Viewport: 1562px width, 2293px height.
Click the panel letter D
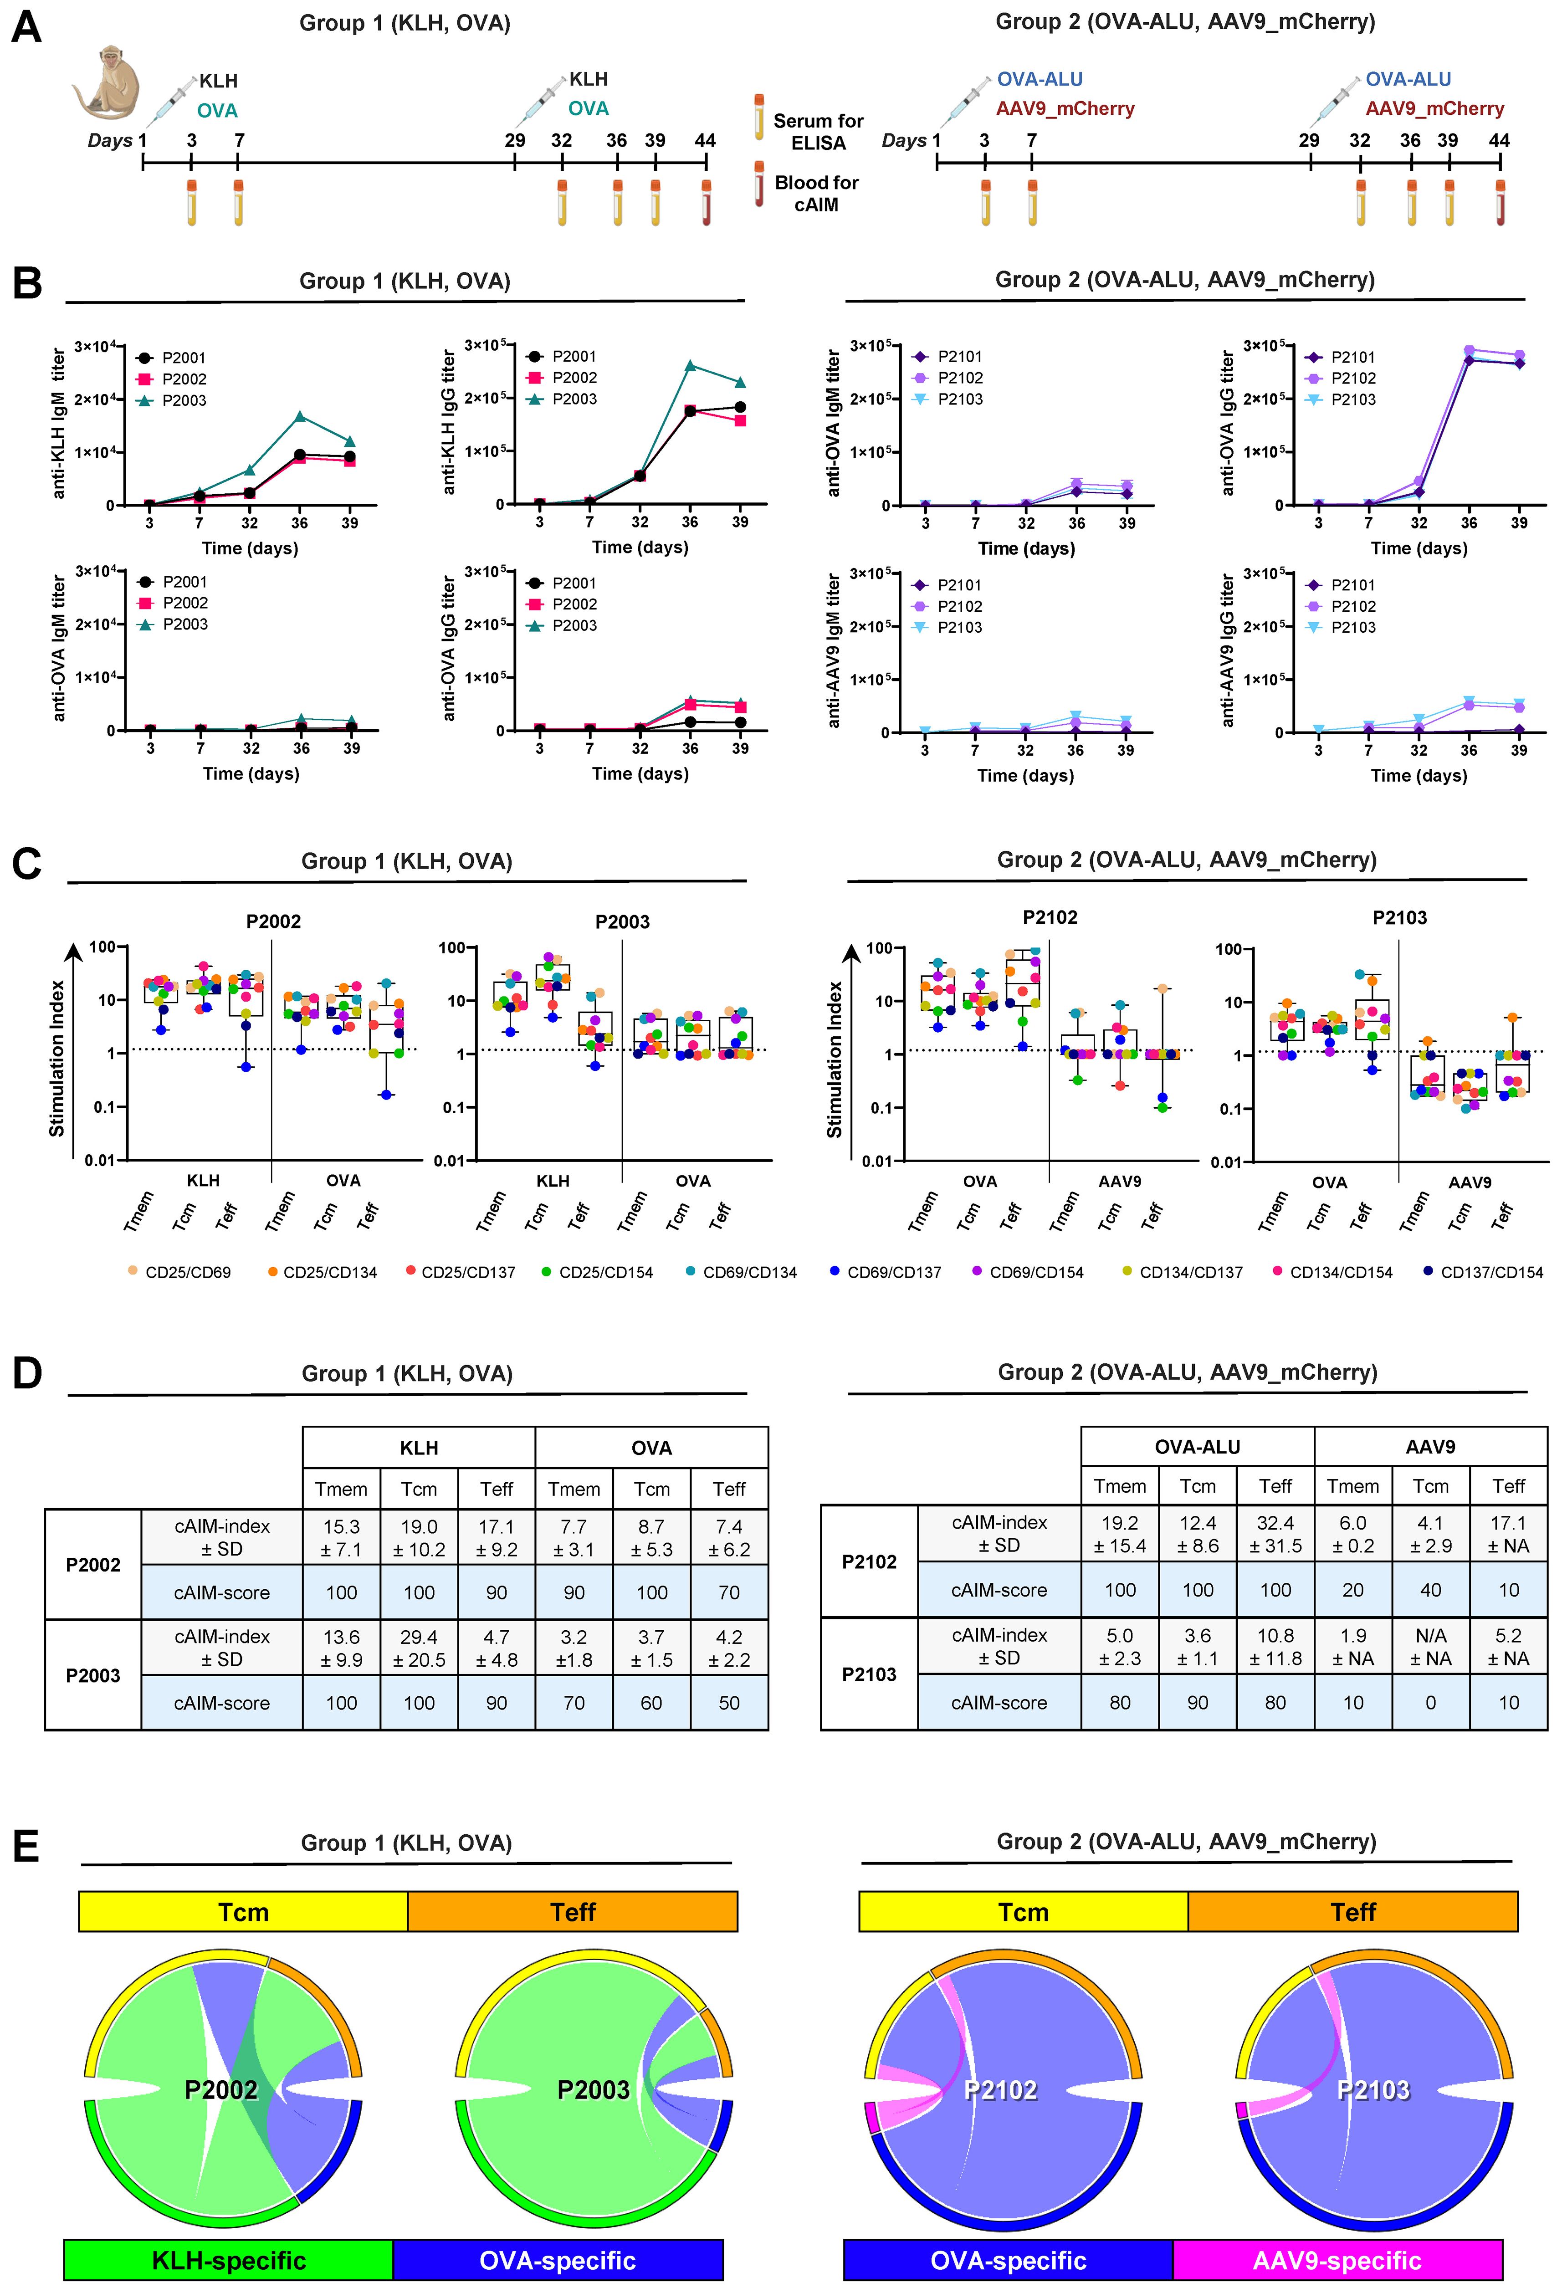26,1372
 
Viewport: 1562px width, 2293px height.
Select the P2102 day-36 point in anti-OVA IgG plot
1469,350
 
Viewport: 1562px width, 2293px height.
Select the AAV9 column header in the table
1430,1446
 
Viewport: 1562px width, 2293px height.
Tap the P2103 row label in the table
868,1674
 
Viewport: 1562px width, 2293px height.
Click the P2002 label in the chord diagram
221,2090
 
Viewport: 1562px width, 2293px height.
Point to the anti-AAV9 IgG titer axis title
1229,651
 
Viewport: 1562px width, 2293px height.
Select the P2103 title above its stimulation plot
1399,917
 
